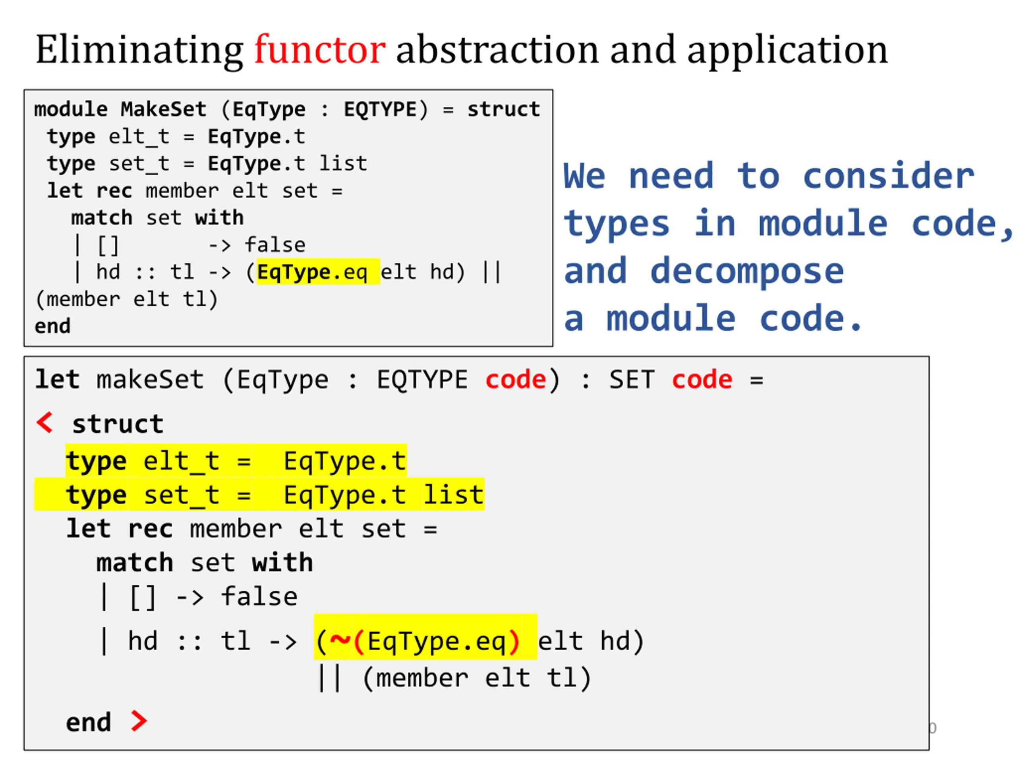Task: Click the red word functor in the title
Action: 319,50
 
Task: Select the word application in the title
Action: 787,50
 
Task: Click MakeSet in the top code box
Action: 163,109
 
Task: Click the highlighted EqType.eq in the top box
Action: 312,272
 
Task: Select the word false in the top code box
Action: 275,245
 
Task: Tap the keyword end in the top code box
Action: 52,326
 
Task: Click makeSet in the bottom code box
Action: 150,380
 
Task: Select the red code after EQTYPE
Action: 515,380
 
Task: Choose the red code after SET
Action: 702,380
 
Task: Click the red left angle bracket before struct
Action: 45,423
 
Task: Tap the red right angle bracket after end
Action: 138,721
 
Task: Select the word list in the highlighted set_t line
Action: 453,495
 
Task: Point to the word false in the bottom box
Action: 259,597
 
